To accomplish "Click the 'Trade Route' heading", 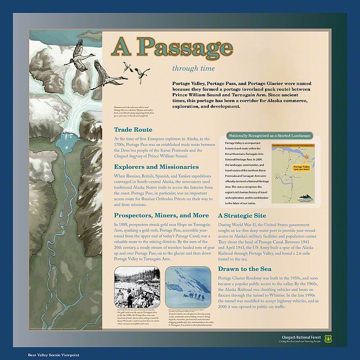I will (133, 130).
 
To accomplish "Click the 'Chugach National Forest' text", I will (304, 337).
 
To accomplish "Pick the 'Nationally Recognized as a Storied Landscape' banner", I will (269, 135).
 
